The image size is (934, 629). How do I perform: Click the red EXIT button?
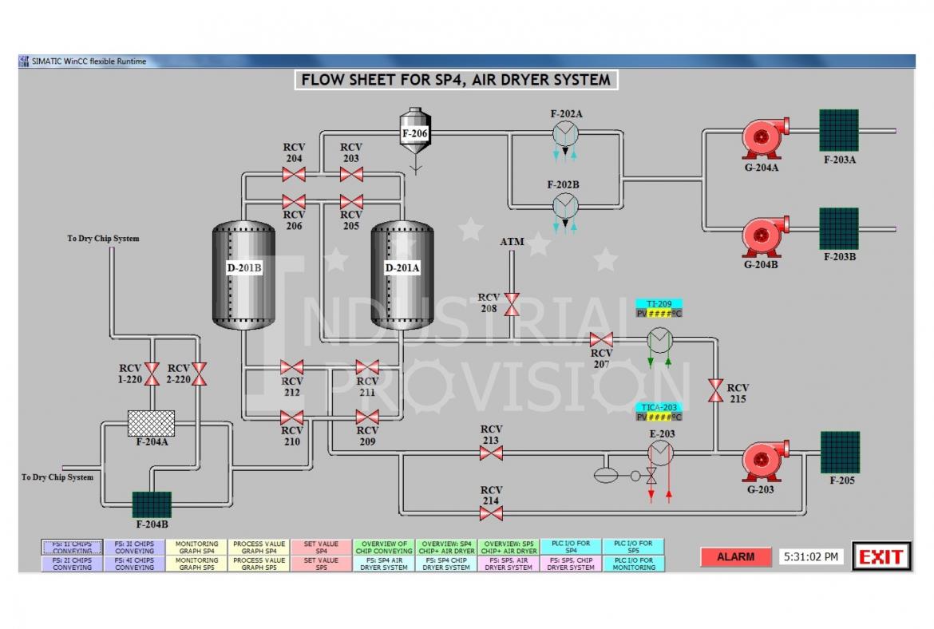[881, 556]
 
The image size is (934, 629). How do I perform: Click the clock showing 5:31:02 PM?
[811, 556]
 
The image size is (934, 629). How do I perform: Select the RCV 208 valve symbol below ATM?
[512, 303]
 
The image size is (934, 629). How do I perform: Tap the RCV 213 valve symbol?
[491, 453]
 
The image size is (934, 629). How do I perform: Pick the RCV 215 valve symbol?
[715, 390]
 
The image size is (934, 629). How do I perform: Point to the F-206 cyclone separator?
[415, 134]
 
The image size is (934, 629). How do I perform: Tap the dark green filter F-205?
[841, 452]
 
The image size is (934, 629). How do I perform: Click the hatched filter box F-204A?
[151, 423]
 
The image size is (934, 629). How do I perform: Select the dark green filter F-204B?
[152, 504]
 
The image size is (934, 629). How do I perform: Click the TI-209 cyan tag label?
[659, 304]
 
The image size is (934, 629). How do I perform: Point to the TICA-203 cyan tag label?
[659, 407]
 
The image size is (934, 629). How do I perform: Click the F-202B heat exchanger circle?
[565, 205]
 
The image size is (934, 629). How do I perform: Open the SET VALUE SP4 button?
[321, 548]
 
